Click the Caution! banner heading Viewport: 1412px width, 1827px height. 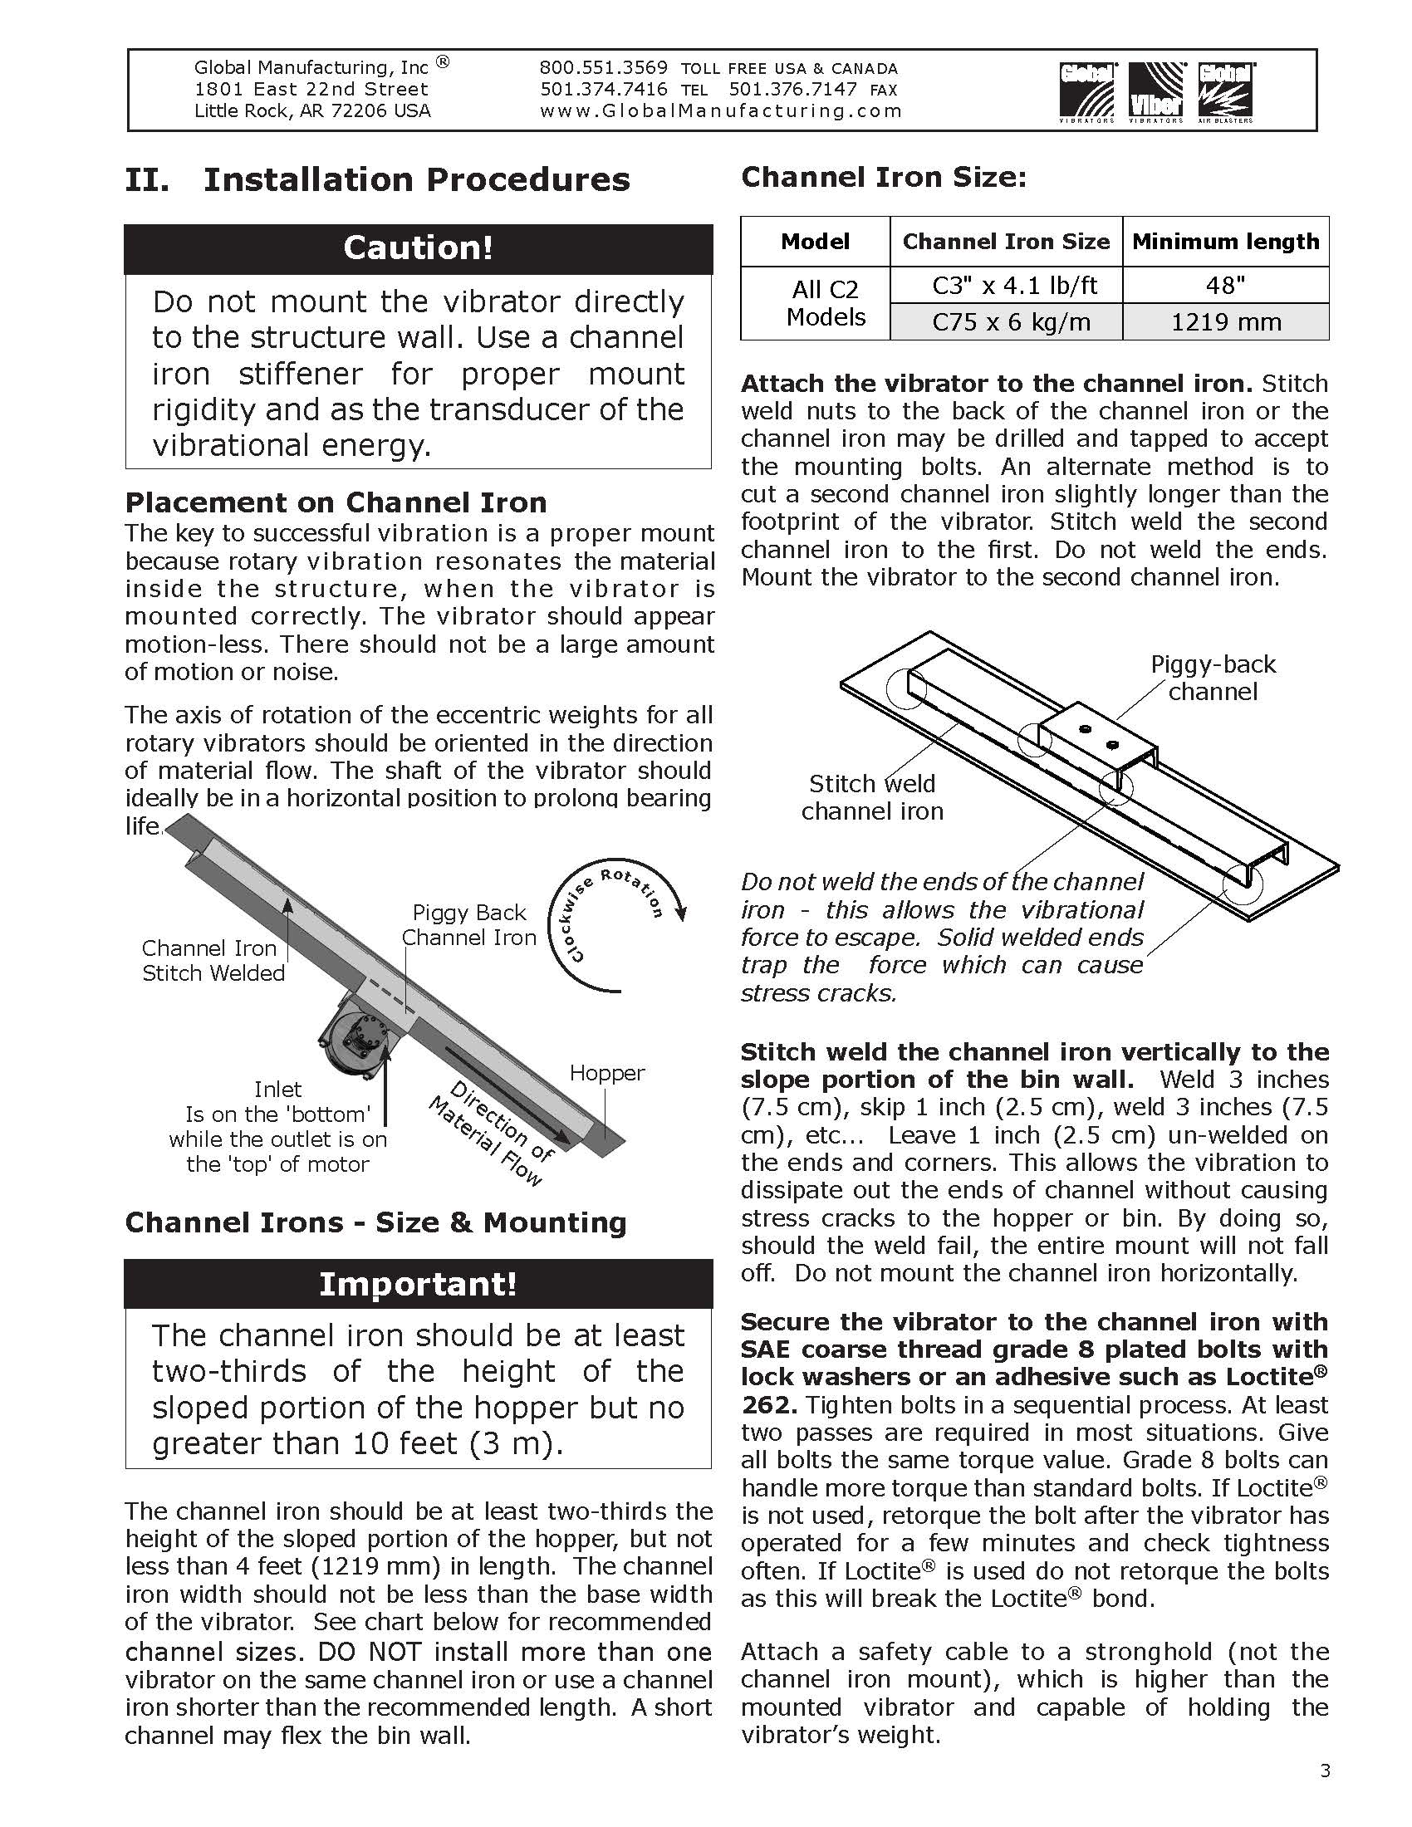419,247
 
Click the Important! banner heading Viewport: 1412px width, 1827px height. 419,1283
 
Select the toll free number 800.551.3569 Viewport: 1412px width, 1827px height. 603,68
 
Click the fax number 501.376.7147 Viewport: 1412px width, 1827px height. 792,90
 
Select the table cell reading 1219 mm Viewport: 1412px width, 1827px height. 1225,322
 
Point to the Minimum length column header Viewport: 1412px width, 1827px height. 1225,242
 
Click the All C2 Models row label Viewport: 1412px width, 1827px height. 825,303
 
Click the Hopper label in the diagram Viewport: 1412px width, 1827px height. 607,1073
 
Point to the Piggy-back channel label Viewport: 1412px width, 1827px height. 1213,678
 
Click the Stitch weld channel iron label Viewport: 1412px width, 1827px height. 871,797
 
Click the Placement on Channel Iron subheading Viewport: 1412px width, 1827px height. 336,502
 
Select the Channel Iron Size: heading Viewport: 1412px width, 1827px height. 884,178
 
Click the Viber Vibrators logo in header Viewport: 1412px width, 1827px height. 1156,92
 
